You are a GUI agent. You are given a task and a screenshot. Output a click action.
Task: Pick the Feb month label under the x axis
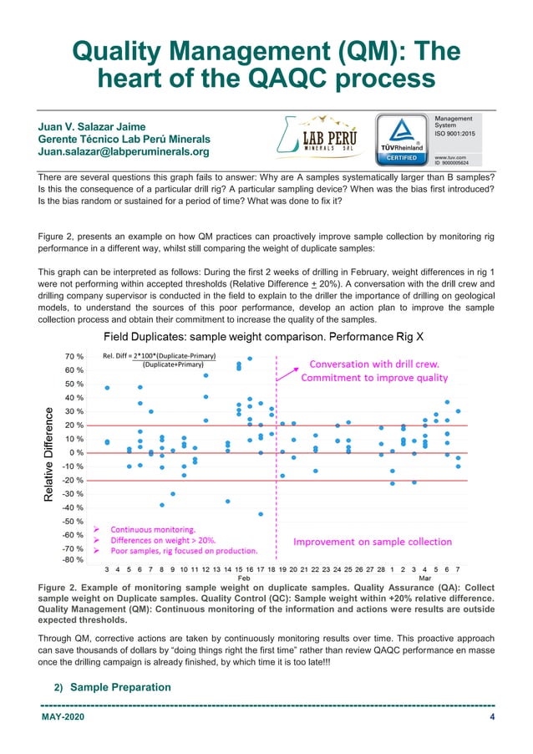244,578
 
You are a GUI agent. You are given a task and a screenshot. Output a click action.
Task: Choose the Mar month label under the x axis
424,578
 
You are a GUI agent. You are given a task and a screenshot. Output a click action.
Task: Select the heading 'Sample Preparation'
121,687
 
